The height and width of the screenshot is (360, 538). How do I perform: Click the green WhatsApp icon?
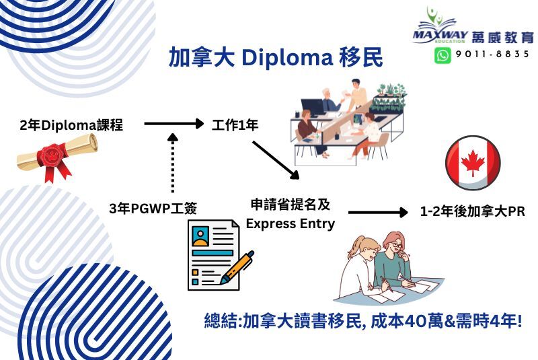pos(443,55)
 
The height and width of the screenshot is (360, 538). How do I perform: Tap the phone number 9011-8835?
pos(492,55)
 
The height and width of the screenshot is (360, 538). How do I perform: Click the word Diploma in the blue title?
pos(287,58)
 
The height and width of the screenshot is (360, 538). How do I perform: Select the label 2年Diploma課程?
pos(71,125)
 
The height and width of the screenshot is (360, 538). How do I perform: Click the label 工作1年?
pos(235,125)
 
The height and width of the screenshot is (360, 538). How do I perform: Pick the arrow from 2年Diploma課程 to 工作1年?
pos(174,124)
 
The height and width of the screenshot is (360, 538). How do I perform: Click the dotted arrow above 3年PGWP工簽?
pos(173,163)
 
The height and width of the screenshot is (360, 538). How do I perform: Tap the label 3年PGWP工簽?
pos(153,209)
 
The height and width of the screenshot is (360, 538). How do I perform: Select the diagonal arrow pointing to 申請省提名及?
pos(276,160)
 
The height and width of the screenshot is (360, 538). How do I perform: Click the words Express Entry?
pos(291,223)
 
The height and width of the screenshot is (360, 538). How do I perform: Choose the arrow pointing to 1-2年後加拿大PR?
pos(378,213)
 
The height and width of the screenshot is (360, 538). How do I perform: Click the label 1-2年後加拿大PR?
pos(473,211)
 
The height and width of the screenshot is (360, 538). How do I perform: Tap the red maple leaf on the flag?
pos(473,163)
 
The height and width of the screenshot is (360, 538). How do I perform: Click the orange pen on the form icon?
pos(237,267)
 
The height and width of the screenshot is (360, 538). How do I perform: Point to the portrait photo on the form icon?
pos(200,236)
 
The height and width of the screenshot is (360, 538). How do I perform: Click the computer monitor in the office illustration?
pos(312,108)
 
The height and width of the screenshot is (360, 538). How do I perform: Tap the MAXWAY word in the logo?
pos(440,35)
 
